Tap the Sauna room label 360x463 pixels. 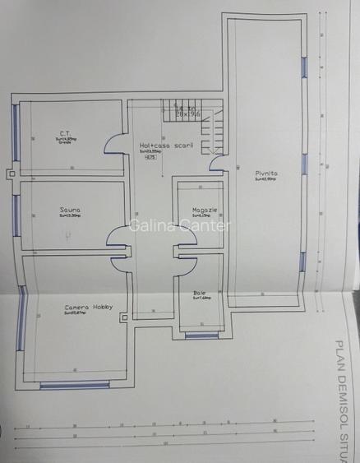(x=70, y=211)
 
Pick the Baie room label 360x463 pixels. (x=200, y=293)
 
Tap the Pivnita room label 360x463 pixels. (x=265, y=174)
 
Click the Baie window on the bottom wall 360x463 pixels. (x=201, y=335)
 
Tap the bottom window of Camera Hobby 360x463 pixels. (x=75, y=384)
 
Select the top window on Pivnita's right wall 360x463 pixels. (x=305, y=69)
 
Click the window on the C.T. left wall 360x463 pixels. (x=15, y=132)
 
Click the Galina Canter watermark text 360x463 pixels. (x=181, y=226)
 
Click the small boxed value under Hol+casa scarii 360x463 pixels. (x=150, y=158)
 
